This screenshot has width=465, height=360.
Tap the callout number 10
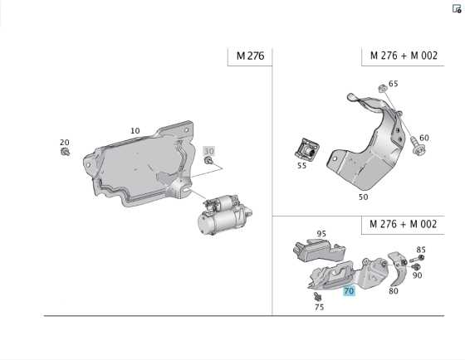click(x=135, y=130)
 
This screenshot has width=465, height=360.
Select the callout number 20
click(x=65, y=142)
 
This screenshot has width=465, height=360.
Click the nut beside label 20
click(x=66, y=152)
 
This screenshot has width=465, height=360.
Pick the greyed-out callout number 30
click(x=209, y=151)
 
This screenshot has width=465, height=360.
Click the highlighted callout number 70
click(x=349, y=290)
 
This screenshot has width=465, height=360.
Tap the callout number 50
click(x=363, y=197)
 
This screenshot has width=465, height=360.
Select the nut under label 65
click(x=380, y=88)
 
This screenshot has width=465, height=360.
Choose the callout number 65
click(x=393, y=84)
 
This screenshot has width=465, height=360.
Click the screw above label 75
click(x=317, y=295)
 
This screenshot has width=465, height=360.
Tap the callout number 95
click(x=321, y=234)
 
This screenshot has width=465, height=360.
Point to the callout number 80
click(x=393, y=290)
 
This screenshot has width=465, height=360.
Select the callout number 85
click(x=421, y=250)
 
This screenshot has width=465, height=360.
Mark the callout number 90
click(x=418, y=275)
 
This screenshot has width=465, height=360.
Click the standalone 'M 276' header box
click(x=249, y=56)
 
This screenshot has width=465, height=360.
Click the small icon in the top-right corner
click(x=457, y=9)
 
